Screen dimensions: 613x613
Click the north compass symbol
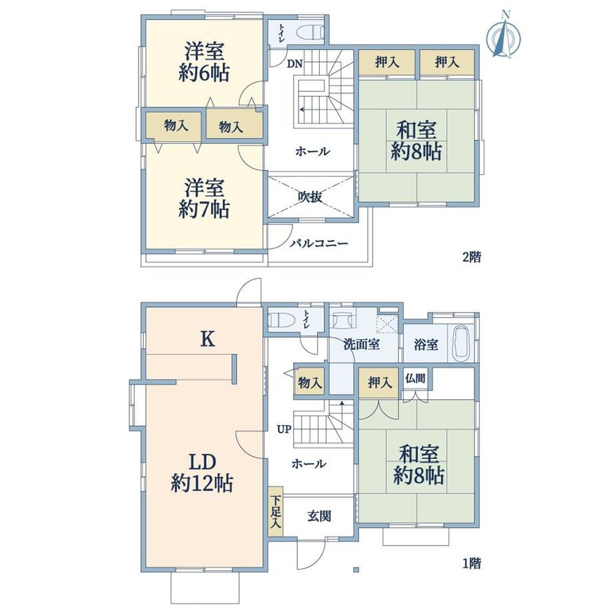[504, 35]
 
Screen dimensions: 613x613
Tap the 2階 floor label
[472, 257]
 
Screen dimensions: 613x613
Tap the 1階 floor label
[472, 563]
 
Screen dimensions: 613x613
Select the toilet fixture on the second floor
[310, 32]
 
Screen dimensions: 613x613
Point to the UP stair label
[285, 429]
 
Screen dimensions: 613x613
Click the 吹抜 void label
[310, 197]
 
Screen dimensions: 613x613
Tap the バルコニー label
[318, 244]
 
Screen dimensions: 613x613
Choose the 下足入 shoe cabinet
[276, 511]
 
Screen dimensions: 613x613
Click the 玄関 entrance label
[319, 516]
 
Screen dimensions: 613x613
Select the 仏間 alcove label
[415, 378]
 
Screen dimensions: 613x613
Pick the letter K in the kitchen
[208, 339]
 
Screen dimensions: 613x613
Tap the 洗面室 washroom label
[362, 344]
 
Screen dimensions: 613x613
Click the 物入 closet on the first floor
[310, 382]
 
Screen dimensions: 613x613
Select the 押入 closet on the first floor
[378, 382]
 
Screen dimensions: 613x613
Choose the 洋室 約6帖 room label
[204, 63]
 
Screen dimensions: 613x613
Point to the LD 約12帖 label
[202, 474]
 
